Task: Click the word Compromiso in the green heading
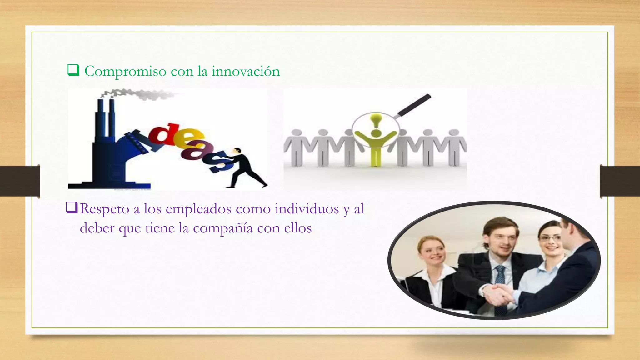click(125, 72)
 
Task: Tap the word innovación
click(246, 71)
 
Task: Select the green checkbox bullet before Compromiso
click(73, 70)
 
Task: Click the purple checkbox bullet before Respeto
click(72, 208)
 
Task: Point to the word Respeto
click(104, 209)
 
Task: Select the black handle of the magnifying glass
click(414, 104)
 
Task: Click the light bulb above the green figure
click(376, 120)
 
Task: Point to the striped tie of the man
click(500, 281)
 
